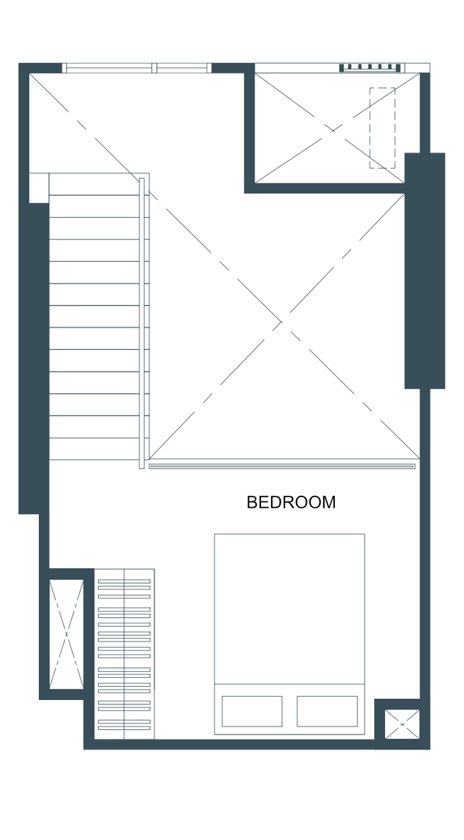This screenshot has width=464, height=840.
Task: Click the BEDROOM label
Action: tap(291, 502)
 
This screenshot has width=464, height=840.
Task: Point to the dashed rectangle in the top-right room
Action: tap(383, 128)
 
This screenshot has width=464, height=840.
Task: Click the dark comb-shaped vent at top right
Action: tap(370, 68)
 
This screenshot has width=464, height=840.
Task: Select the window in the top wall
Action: tap(137, 68)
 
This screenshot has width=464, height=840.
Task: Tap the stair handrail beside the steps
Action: tap(142, 323)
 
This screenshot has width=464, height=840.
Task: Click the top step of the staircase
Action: tap(94, 184)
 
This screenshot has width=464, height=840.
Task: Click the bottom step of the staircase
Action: tap(94, 449)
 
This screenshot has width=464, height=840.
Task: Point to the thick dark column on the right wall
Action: tap(425, 270)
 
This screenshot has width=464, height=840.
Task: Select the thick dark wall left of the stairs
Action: tap(34, 358)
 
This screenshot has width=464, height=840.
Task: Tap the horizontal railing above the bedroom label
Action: tap(282, 466)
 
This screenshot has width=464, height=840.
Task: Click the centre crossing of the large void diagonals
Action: tap(281, 321)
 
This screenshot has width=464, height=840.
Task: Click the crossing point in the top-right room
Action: tap(333, 130)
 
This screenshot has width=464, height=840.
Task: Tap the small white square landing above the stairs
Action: tap(39, 188)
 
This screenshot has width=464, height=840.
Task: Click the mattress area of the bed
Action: tap(289, 609)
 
